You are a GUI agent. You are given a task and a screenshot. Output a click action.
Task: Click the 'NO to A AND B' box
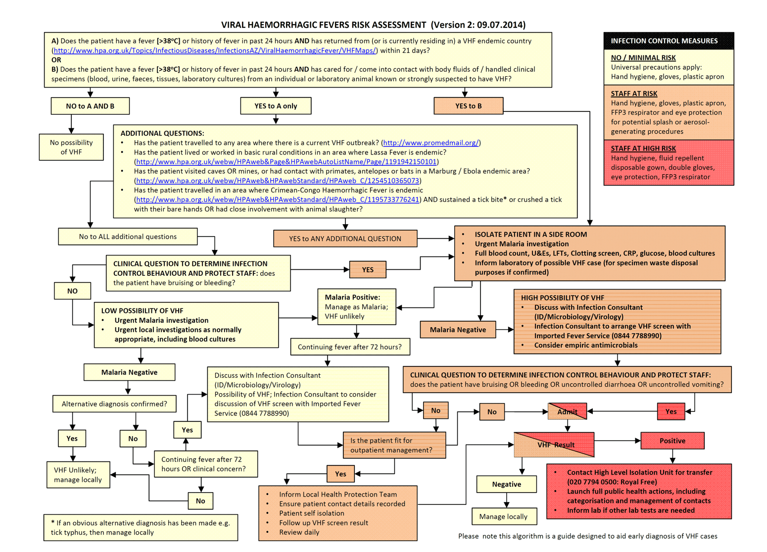click(x=90, y=106)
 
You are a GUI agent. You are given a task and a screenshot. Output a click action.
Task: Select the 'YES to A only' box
click(x=276, y=106)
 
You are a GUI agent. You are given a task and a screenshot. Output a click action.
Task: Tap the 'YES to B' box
click(x=468, y=106)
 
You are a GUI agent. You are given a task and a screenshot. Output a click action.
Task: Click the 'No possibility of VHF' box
click(x=71, y=147)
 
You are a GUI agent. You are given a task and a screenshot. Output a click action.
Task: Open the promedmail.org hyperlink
click(x=431, y=143)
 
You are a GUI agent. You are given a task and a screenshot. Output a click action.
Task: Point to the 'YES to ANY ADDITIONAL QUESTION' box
click(x=345, y=239)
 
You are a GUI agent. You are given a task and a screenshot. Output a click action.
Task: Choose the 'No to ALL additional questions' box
click(x=128, y=237)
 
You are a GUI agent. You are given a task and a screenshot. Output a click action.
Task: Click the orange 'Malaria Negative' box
click(x=458, y=330)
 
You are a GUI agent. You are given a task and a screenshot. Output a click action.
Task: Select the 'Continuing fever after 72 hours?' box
click(x=350, y=347)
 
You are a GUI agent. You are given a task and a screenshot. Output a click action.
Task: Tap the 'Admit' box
click(x=567, y=411)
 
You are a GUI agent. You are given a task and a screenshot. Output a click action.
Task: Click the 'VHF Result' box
click(x=554, y=445)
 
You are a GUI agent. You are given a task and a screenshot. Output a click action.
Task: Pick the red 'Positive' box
click(x=672, y=441)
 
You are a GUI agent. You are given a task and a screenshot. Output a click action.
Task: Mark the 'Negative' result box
click(x=506, y=484)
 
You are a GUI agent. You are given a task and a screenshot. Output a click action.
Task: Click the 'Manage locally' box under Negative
click(x=503, y=516)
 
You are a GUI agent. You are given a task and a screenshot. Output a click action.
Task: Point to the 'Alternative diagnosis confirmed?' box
click(x=114, y=404)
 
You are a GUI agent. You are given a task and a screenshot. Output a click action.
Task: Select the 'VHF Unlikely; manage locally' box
click(x=78, y=475)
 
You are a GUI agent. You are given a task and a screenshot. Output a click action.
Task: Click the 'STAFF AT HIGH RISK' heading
click(x=643, y=149)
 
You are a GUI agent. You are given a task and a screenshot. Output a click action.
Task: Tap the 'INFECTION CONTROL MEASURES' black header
click(x=668, y=41)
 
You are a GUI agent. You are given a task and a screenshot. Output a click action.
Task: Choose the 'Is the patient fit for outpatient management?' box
click(x=394, y=445)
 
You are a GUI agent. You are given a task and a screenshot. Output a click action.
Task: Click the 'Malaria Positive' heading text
click(x=352, y=298)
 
